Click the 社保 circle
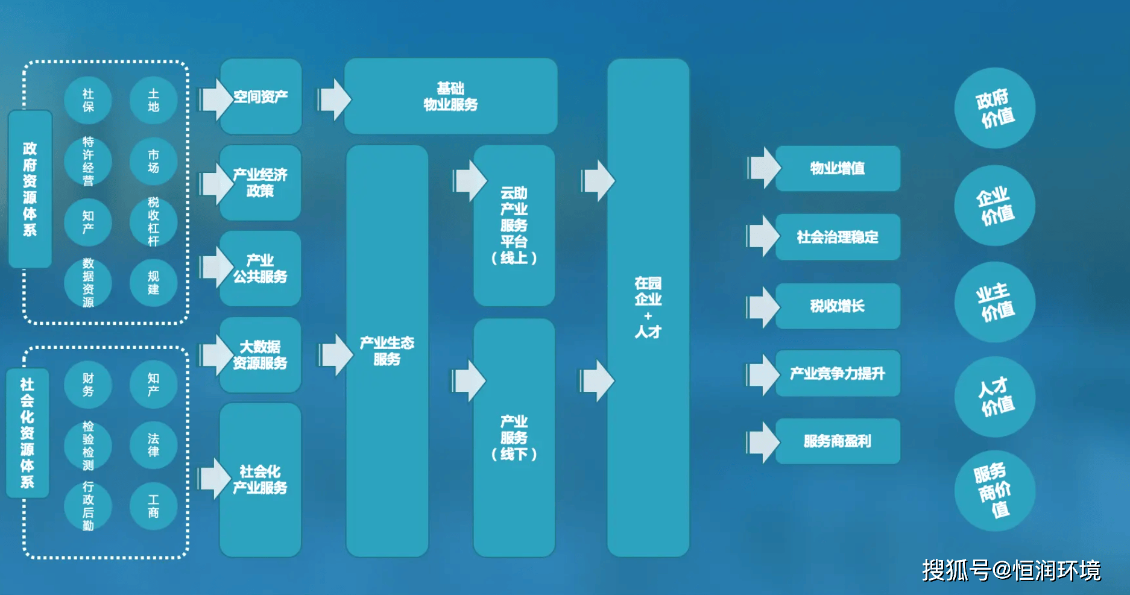click(88, 100)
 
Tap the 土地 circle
click(153, 100)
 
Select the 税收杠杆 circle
click(153, 221)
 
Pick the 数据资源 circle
click(88, 283)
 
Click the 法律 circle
click(153, 445)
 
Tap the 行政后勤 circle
click(88, 506)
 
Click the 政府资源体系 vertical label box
click(30, 189)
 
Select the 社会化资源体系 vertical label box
click(27, 433)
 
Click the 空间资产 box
click(260, 96)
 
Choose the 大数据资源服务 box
click(260, 355)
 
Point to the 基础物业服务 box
click(450, 96)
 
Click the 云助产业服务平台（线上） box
click(514, 225)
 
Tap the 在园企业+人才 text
click(648, 307)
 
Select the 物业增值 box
click(838, 168)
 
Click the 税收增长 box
click(838, 306)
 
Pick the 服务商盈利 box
click(838, 441)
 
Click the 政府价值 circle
click(994, 109)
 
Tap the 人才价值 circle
click(994, 397)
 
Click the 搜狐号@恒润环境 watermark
click(1011, 570)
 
